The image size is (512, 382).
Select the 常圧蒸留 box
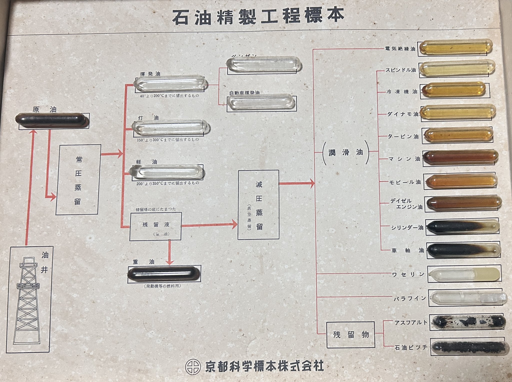click(78, 179)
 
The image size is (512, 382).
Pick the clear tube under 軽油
click(166, 172)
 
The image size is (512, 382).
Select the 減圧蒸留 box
click(258, 205)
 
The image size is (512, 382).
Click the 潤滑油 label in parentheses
click(346, 152)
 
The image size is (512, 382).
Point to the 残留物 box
click(351, 335)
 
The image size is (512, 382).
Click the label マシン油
click(404, 159)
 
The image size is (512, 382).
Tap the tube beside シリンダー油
click(463, 227)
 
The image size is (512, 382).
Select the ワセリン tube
click(464, 274)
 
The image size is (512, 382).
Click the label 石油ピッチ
click(411, 347)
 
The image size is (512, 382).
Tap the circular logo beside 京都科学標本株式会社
click(193, 367)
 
